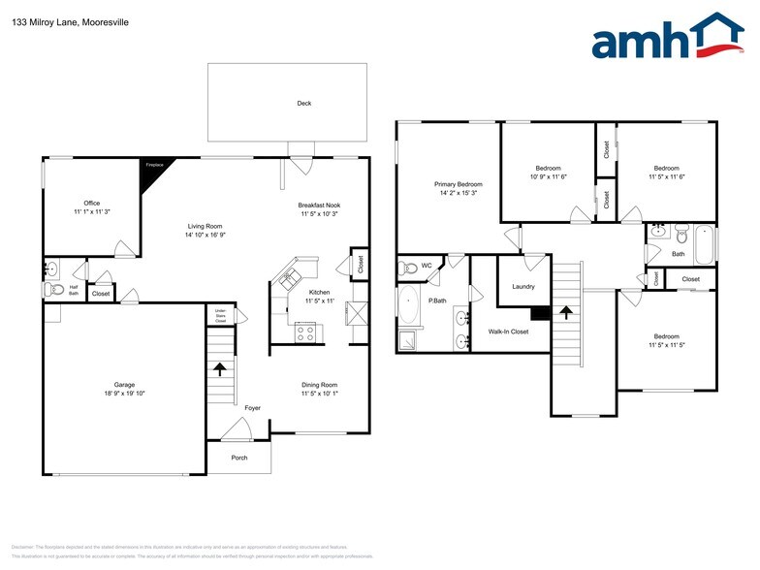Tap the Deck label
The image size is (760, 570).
coord(304,103)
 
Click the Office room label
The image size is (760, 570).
coord(92,204)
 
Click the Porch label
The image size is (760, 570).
coord(238,458)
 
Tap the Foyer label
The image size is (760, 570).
coord(252,408)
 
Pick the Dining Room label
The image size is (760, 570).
coord(319,385)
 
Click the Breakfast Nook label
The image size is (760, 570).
coord(319,205)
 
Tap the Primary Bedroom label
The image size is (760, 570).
coord(458,184)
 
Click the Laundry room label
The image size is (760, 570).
coord(523,286)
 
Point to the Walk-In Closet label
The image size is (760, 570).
coord(507,332)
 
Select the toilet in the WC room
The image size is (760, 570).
coord(409,267)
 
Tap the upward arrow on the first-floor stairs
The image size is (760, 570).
coord(220,368)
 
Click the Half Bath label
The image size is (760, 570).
coord(74,290)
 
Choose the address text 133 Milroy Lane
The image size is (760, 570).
coord(44,21)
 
